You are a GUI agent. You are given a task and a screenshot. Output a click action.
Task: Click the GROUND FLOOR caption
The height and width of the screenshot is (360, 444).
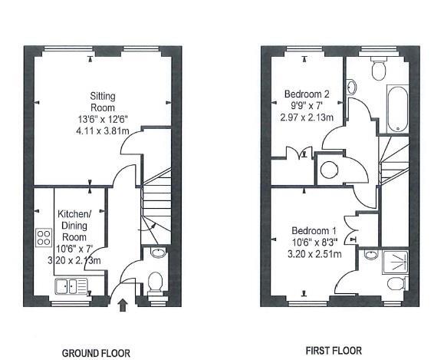click(96, 353)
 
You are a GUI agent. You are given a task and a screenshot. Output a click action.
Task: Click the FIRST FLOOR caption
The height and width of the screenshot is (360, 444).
click(334, 351)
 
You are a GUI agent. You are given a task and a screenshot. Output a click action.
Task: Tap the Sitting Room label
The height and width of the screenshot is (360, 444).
click(103, 102)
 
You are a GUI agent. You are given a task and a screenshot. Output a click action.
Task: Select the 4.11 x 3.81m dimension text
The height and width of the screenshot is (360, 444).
click(103, 131)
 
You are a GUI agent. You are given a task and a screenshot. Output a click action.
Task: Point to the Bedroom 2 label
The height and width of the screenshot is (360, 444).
click(307, 94)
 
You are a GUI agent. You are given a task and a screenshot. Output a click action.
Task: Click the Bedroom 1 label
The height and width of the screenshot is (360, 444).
click(314, 231)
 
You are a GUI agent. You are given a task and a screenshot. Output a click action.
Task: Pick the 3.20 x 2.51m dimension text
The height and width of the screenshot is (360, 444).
click(314, 254)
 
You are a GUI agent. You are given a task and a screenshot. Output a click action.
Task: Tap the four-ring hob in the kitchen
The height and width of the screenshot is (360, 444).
click(44, 237)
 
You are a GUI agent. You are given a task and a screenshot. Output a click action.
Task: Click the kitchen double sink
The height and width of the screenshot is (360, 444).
click(71, 286)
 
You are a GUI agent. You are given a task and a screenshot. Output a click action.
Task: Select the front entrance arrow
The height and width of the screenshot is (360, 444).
click(123, 305)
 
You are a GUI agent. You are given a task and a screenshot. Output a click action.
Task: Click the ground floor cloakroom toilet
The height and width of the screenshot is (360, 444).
click(155, 284)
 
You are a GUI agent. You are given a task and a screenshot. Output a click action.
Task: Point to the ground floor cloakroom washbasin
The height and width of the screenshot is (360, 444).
click(158, 253)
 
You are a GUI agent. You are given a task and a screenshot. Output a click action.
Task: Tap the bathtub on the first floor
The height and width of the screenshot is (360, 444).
click(397, 109)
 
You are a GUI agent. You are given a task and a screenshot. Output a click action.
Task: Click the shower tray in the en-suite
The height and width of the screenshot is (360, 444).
click(395, 262)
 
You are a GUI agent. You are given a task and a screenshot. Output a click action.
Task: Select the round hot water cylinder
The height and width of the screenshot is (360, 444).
click(329, 170)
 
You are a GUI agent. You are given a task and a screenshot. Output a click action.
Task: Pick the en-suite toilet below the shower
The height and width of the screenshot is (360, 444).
click(397, 284)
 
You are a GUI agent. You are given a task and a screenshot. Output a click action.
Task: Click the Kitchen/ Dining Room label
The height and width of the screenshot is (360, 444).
click(74, 226)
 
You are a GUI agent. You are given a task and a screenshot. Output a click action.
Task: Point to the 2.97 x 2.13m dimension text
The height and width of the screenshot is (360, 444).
click(307, 117)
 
